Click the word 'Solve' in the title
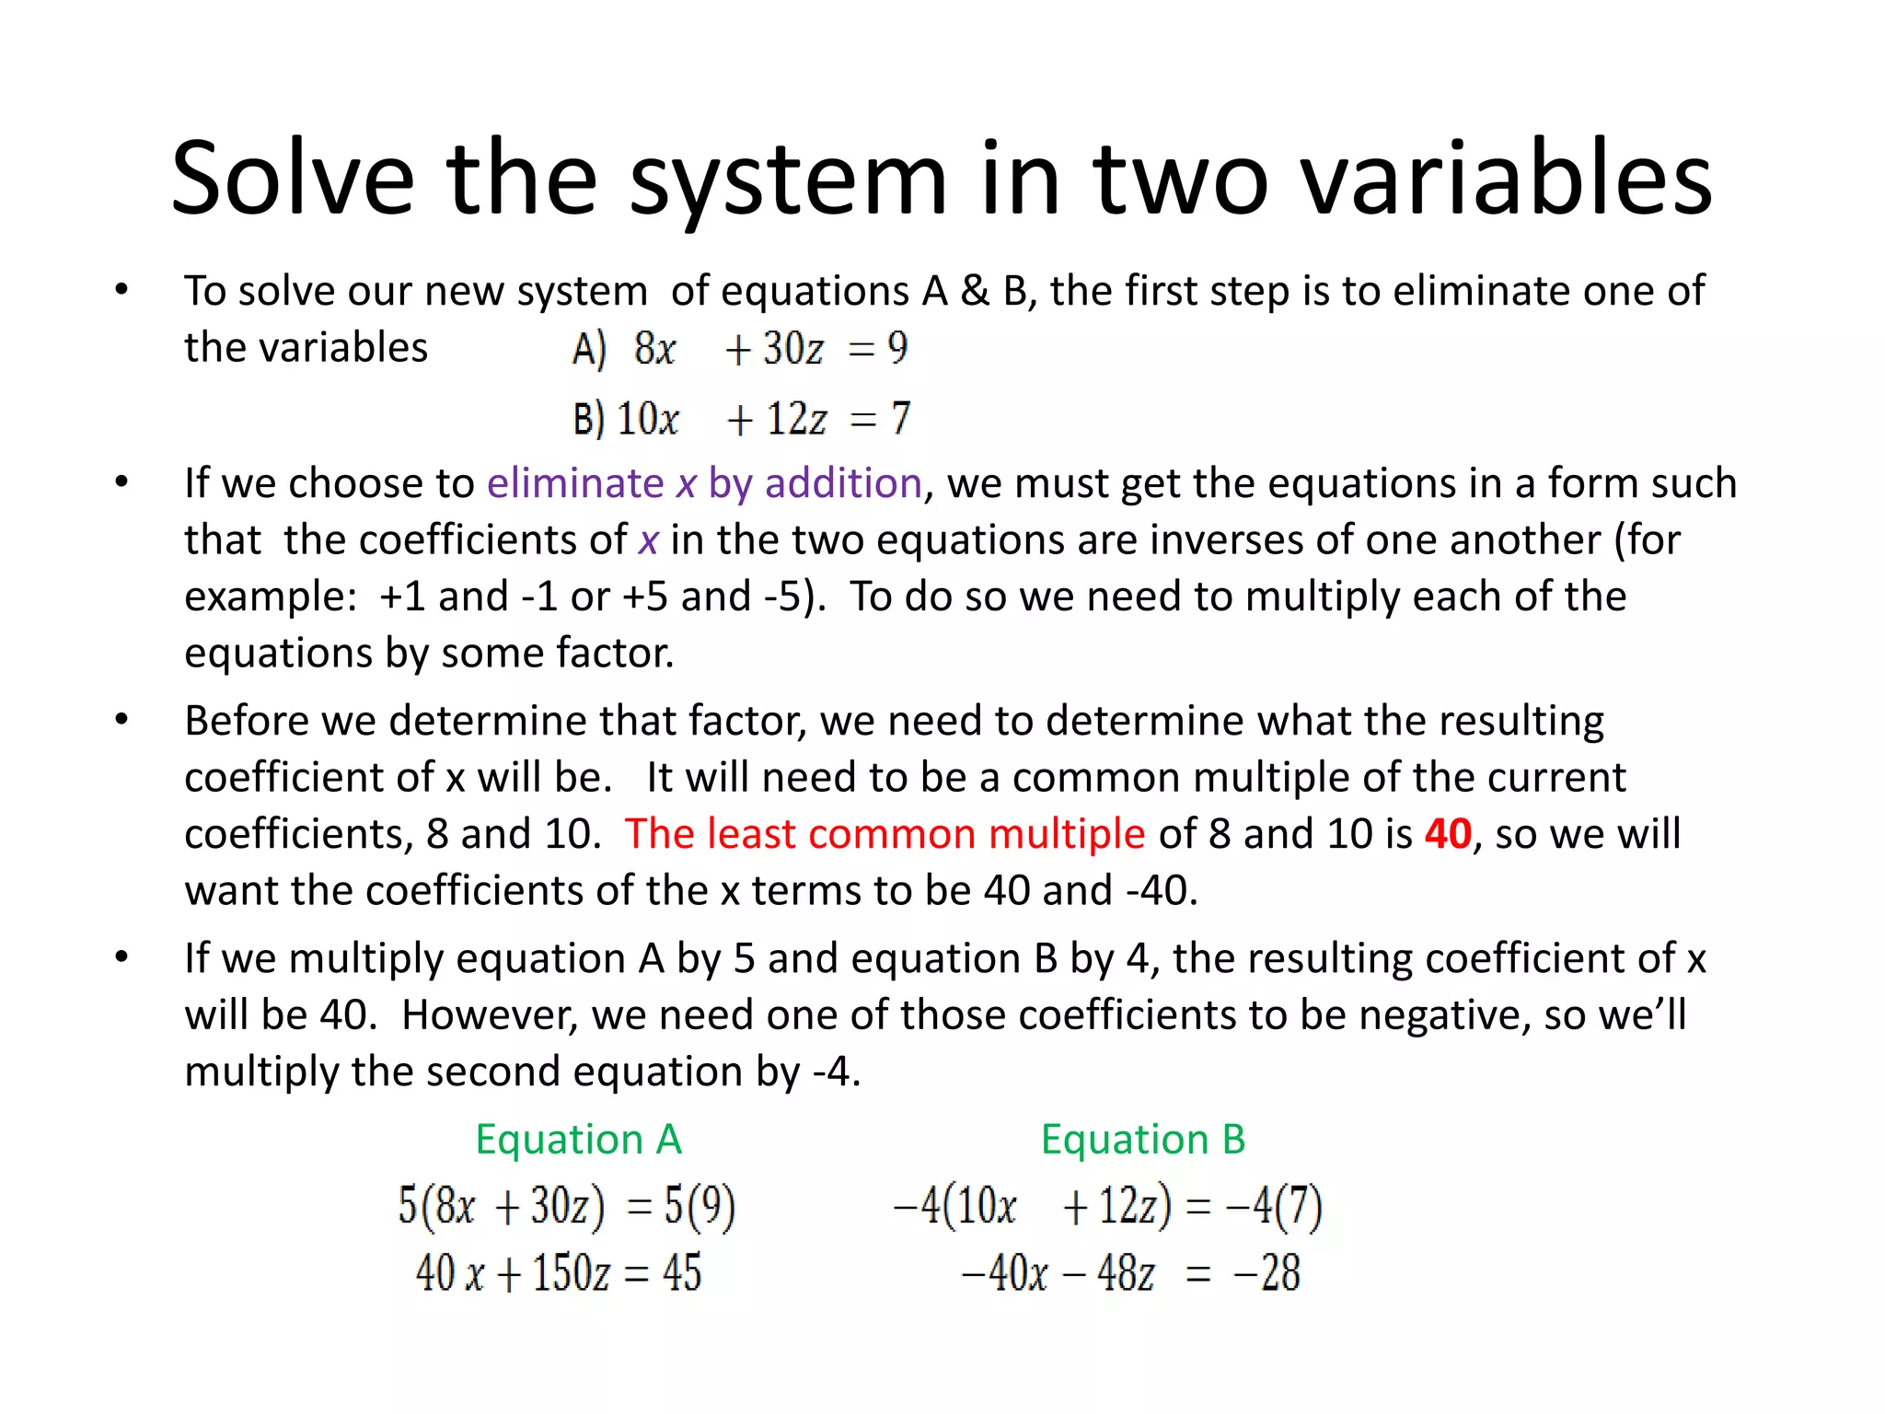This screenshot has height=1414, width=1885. click(x=293, y=178)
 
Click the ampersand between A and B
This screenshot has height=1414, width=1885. click(x=975, y=292)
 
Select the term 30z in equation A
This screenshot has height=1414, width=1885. click(x=792, y=349)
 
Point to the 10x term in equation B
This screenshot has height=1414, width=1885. click(x=648, y=419)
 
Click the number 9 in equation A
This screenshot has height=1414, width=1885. click(x=897, y=348)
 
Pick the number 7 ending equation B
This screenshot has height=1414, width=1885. click(x=900, y=419)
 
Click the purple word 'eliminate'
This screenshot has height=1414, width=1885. click(x=575, y=483)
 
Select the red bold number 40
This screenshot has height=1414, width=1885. click(x=1448, y=834)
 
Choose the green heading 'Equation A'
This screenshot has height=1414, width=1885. click(x=578, y=1140)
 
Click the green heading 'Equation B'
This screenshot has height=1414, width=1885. click(x=1143, y=1140)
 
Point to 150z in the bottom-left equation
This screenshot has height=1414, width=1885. click(x=571, y=1273)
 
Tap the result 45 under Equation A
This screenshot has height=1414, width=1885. click(x=682, y=1273)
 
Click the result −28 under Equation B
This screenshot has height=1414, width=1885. click(x=1267, y=1273)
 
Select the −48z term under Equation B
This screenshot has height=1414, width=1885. click(x=1109, y=1273)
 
